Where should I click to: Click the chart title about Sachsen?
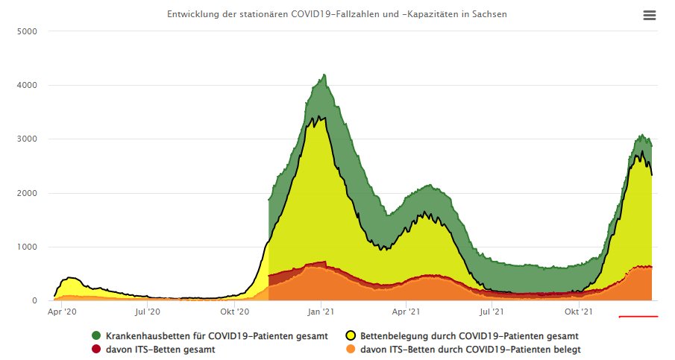coord(337,15)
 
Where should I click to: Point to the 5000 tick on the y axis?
coord(28,32)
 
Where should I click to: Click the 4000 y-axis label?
coord(28,86)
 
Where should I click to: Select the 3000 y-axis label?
coord(28,139)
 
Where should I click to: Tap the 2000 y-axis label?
coord(28,194)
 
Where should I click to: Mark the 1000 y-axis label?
coord(28,247)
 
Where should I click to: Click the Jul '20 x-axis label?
coord(148,312)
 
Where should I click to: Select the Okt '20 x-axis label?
coord(234,312)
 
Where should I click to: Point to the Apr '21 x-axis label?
coord(406,312)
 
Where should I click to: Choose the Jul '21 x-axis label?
coord(492,312)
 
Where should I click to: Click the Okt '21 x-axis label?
coord(578,312)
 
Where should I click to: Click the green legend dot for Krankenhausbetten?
coord(96,336)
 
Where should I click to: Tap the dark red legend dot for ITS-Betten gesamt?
coord(96,349)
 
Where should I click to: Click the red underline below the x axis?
coord(638,317)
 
